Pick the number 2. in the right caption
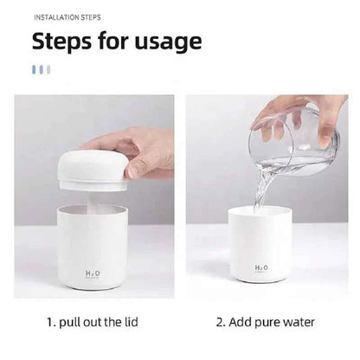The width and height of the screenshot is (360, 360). (221, 322)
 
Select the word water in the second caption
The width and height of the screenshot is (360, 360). (297, 322)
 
